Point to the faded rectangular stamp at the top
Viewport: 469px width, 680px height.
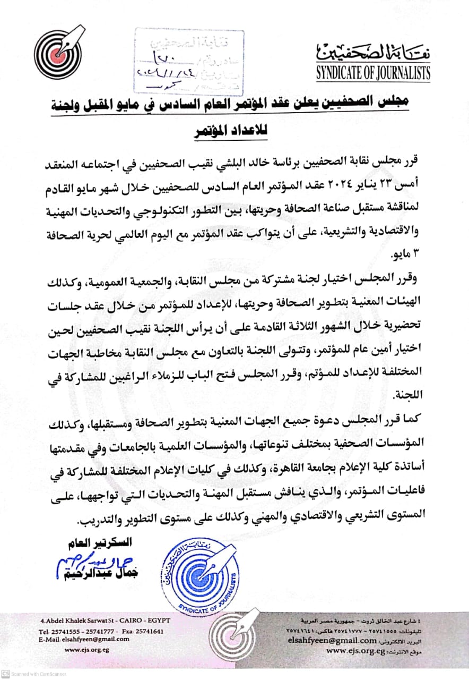click(188, 61)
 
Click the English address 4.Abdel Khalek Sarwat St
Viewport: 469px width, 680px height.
click(94, 622)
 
